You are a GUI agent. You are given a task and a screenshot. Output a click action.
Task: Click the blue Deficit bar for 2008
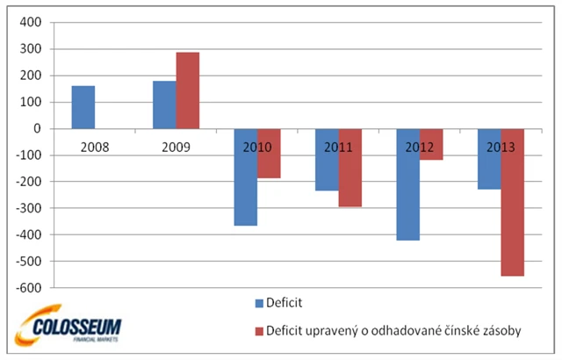[83, 107]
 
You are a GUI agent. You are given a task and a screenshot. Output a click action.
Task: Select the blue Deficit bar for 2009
[163, 104]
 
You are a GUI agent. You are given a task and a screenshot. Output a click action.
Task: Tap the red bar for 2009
[187, 90]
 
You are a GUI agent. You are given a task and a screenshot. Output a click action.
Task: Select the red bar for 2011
[349, 176]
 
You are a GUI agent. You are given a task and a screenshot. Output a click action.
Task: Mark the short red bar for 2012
[431, 149]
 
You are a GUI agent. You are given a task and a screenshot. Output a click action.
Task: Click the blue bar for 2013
[488, 167]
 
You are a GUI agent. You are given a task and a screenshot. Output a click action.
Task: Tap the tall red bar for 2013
[512, 211]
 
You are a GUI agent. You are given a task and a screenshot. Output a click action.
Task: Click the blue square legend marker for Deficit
[260, 304]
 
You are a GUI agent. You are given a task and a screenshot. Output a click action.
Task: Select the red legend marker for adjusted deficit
[260, 331]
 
